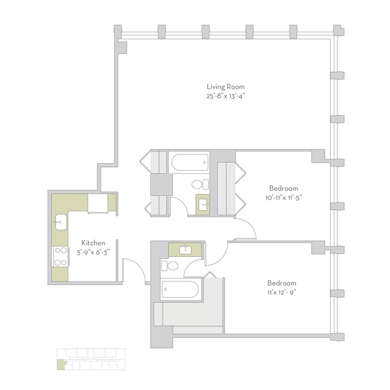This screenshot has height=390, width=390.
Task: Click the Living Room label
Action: (x=225, y=86)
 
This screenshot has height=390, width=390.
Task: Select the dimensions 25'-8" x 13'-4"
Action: (x=225, y=97)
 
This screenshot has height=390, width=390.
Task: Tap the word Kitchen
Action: (x=93, y=243)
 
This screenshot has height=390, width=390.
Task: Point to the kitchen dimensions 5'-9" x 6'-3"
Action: (x=93, y=252)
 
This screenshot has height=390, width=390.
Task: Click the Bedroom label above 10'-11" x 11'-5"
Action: (x=283, y=188)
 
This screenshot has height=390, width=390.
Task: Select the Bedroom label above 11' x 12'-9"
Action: (x=281, y=283)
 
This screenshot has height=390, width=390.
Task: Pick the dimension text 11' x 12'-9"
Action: (x=281, y=292)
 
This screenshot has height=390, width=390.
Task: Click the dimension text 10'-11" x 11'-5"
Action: (x=283, y=197)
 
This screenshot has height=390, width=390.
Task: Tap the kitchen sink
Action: (x=60, y=222)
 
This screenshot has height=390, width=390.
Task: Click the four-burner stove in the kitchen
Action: (x=60, y=256)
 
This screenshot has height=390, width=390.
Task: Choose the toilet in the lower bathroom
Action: (x=170, y=266)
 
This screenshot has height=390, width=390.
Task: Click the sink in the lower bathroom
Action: (x=185, y=250)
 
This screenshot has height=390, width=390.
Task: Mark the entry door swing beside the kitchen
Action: (x=134, y=269)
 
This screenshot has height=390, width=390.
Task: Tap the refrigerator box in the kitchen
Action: (x=97, y=203)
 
